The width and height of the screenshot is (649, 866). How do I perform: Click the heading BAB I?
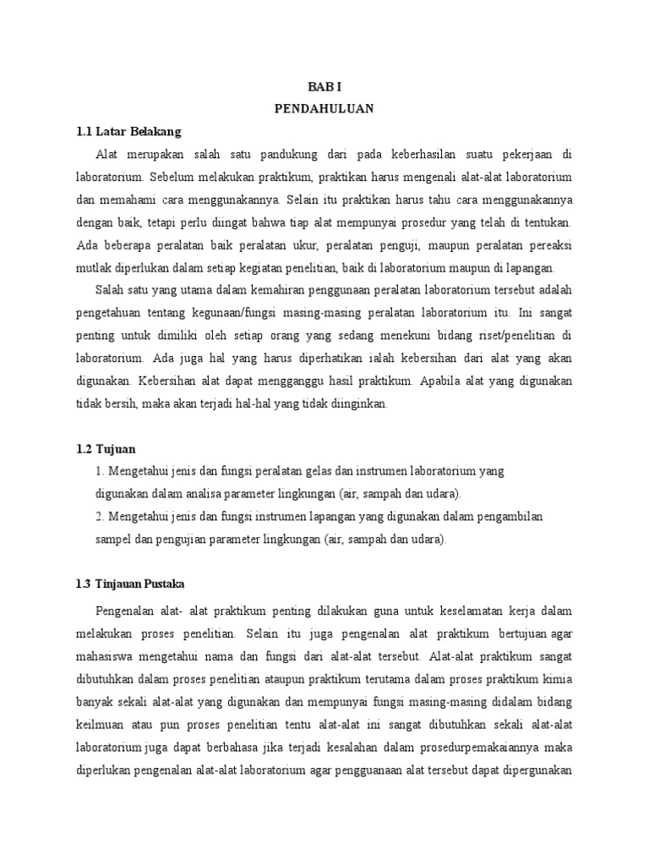tap(324, 87)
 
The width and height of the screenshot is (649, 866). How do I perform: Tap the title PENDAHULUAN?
tap(324, 109)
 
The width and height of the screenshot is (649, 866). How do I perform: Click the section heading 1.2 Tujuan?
tap(106, 448)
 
